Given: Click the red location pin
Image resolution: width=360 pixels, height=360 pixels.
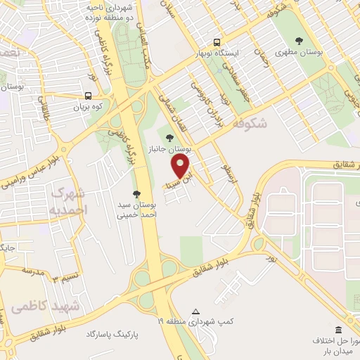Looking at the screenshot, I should click(x=181, y=166).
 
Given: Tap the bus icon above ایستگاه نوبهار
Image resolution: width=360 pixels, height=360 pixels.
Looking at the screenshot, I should click(x=217, y=42).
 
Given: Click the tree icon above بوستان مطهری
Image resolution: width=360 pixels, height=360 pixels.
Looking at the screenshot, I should click(x=300, y=40).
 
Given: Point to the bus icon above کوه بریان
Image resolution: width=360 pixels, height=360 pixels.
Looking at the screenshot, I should click(x=89, y=96).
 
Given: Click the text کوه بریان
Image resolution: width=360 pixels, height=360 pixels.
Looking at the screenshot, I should click(x=89, y=108).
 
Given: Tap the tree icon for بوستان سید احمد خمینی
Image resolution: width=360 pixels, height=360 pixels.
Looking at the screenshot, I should click(x=136, y=193).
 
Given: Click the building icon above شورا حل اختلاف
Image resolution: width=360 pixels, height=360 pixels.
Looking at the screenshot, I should click(x=338, y=330).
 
